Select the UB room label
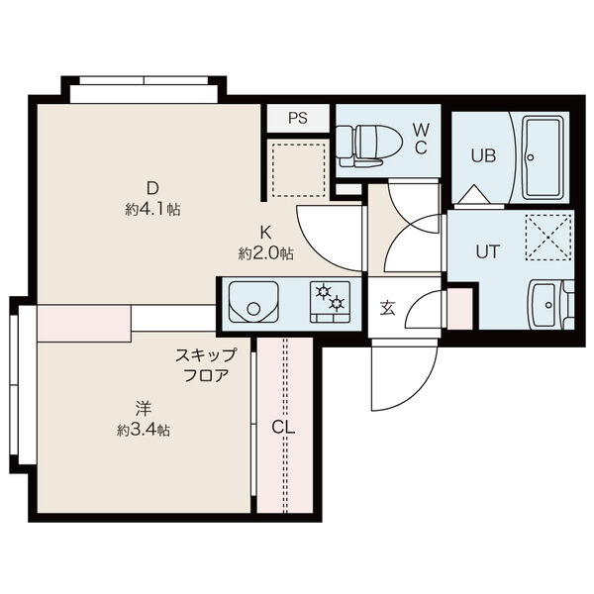point(482,155)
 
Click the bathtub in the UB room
point(544,157)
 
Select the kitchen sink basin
point(253,302)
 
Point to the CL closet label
point(284,427)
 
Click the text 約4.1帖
point(152,210)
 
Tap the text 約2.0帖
point(265,253)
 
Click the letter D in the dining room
point(152,188)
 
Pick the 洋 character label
point(144,408)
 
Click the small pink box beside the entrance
point(459,310)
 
